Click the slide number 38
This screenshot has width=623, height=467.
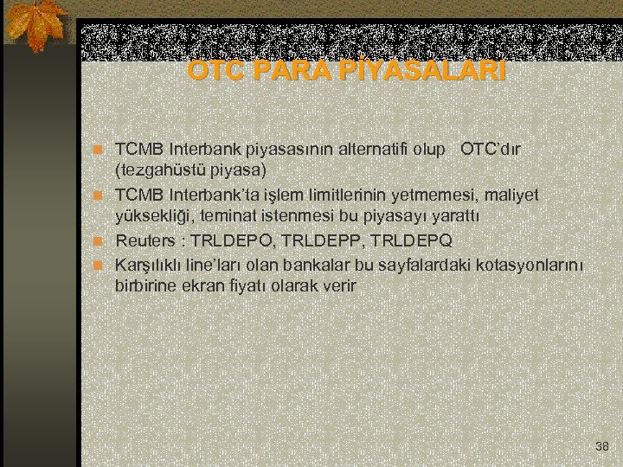[x=602, y=446]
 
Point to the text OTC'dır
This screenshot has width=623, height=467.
[x=491, y=149]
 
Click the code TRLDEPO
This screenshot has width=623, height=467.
[x=228, y=240]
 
